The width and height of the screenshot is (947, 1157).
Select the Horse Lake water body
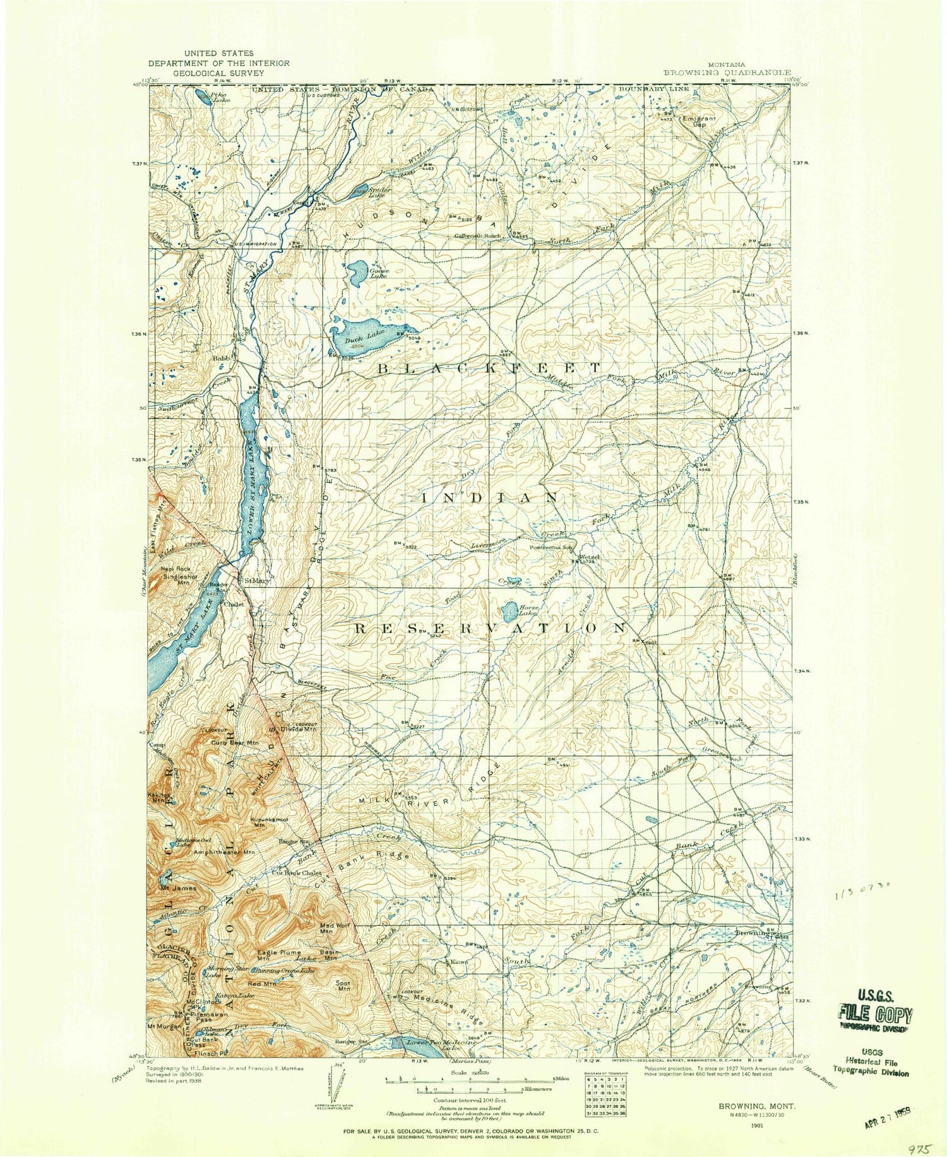508,610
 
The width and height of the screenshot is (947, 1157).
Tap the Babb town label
220,358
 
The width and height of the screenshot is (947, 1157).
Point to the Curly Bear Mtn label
235,742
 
